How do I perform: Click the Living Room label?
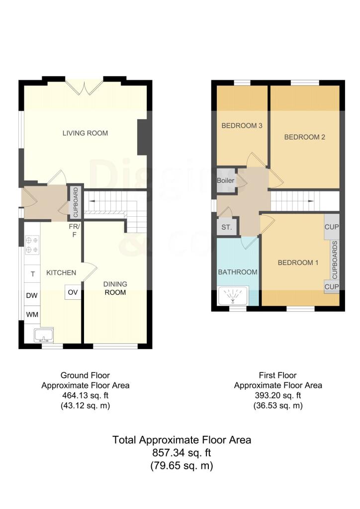(x=85, y=133)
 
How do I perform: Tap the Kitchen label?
(x=61, y=273)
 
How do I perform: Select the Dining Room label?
(x=115, y=288)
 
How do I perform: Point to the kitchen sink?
(x=43, y=335)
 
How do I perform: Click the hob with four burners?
(x=32, y=245)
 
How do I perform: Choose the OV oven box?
(x=73, y=292)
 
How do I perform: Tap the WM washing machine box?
(x=32, y=314)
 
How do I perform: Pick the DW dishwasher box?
(x=32, y=295)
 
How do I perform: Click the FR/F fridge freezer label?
(x=75, y=230)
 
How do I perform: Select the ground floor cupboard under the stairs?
(x=75, y=202)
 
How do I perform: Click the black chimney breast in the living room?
(x=143, y=137)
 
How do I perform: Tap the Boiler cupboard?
(x=226, y=180)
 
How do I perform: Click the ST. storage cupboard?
(x=227, y=227)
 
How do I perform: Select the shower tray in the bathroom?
(x=233, y=295)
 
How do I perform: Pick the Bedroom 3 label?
(x=242, y=126)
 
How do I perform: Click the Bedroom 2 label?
(x=304, y=137)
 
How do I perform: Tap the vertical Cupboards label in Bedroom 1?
(x=335, y=259)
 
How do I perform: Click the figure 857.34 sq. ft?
(x=182, y=452)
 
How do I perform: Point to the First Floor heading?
(x=277, y=375)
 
